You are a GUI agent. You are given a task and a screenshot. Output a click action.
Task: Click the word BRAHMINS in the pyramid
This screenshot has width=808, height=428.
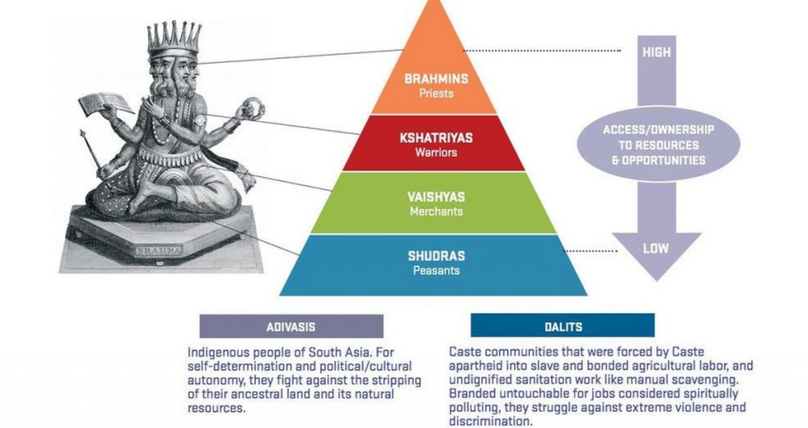click(435, 79)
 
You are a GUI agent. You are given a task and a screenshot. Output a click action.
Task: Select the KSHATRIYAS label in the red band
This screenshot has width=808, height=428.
click(435, 138)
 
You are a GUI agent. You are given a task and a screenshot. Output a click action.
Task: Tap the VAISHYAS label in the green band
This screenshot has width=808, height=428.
click(435, 196)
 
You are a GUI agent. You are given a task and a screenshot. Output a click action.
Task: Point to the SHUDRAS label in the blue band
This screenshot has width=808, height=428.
click(435, 256)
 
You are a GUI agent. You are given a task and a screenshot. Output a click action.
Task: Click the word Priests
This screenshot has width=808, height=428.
click(435, 93)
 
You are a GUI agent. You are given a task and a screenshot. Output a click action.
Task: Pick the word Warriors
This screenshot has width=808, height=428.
click(435, 151)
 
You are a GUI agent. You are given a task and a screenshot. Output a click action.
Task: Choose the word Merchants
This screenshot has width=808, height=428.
click(435, 211)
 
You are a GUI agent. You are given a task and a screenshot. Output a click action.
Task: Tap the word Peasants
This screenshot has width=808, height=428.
click(435, 270)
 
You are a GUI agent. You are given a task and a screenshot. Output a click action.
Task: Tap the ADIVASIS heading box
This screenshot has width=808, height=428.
click(291, 327)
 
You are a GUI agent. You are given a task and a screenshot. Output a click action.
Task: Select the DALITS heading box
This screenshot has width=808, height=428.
click(563, 327)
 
